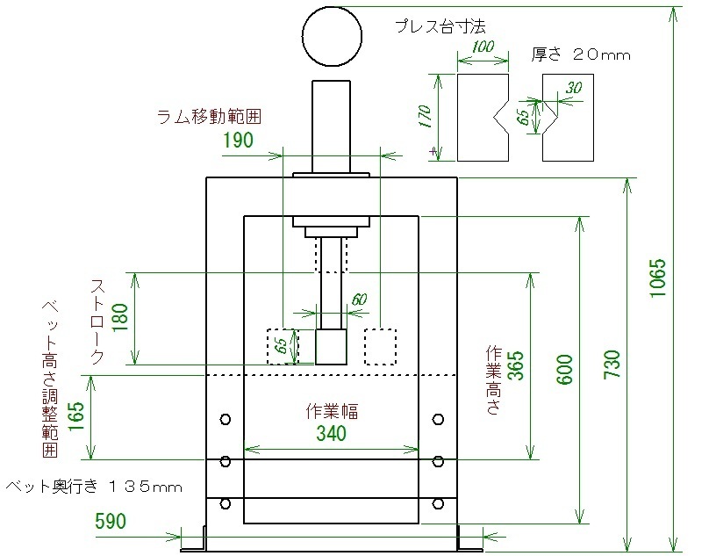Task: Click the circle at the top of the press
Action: click(332, 36)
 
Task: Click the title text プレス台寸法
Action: click(440, 26)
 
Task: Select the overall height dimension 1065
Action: click(658, 278)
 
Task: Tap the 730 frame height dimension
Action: click(612, 364)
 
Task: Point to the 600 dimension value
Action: click(565, 370)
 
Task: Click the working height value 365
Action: click(516, 365)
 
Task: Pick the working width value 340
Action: click(332, 433)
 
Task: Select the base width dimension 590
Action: click(111, 521)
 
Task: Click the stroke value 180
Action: click(119, 318)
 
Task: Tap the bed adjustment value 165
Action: click(76, 416)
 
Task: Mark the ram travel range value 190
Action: click(238, 140)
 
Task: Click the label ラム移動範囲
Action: click(209, 117)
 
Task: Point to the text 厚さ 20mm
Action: click(581, 54)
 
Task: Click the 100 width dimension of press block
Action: click(483, 47)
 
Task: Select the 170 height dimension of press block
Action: click(424, 116)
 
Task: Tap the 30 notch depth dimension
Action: click(574, 87)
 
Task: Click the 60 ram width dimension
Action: click(360, 299)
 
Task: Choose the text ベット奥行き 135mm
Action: click(94, 487)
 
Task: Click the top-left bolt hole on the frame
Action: click(226, 419)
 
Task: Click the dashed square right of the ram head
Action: click(381, 347)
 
